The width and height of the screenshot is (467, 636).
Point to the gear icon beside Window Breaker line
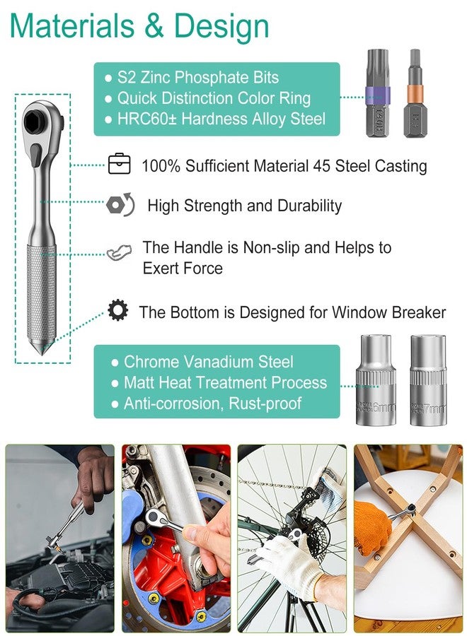pos(117,310)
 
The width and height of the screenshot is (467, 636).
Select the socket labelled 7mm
pos(427,382)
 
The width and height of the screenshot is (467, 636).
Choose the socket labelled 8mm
pos(376,382)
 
